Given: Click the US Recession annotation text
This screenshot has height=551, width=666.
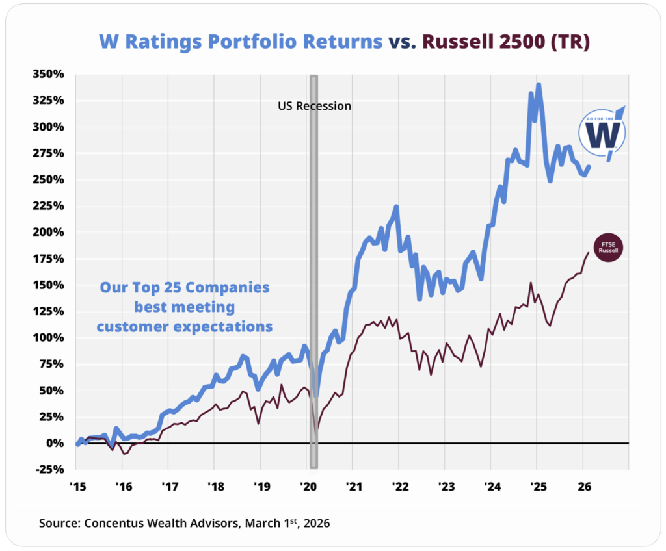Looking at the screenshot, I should pyautogui.click(x=315, y=105).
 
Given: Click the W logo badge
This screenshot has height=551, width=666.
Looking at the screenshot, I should pyautogui.click(x=603, y=133).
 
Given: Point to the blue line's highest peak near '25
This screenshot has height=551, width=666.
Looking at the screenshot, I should pyautogui.click(x=539, y=84).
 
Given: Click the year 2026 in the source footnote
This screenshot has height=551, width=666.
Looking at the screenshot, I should pyautogui.click(x=313, y=522).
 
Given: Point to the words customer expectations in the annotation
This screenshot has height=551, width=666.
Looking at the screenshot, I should pyautogui.click(x=185, y=327).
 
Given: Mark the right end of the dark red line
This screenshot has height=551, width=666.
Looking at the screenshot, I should pyautogui.click(x=588, y=253).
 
